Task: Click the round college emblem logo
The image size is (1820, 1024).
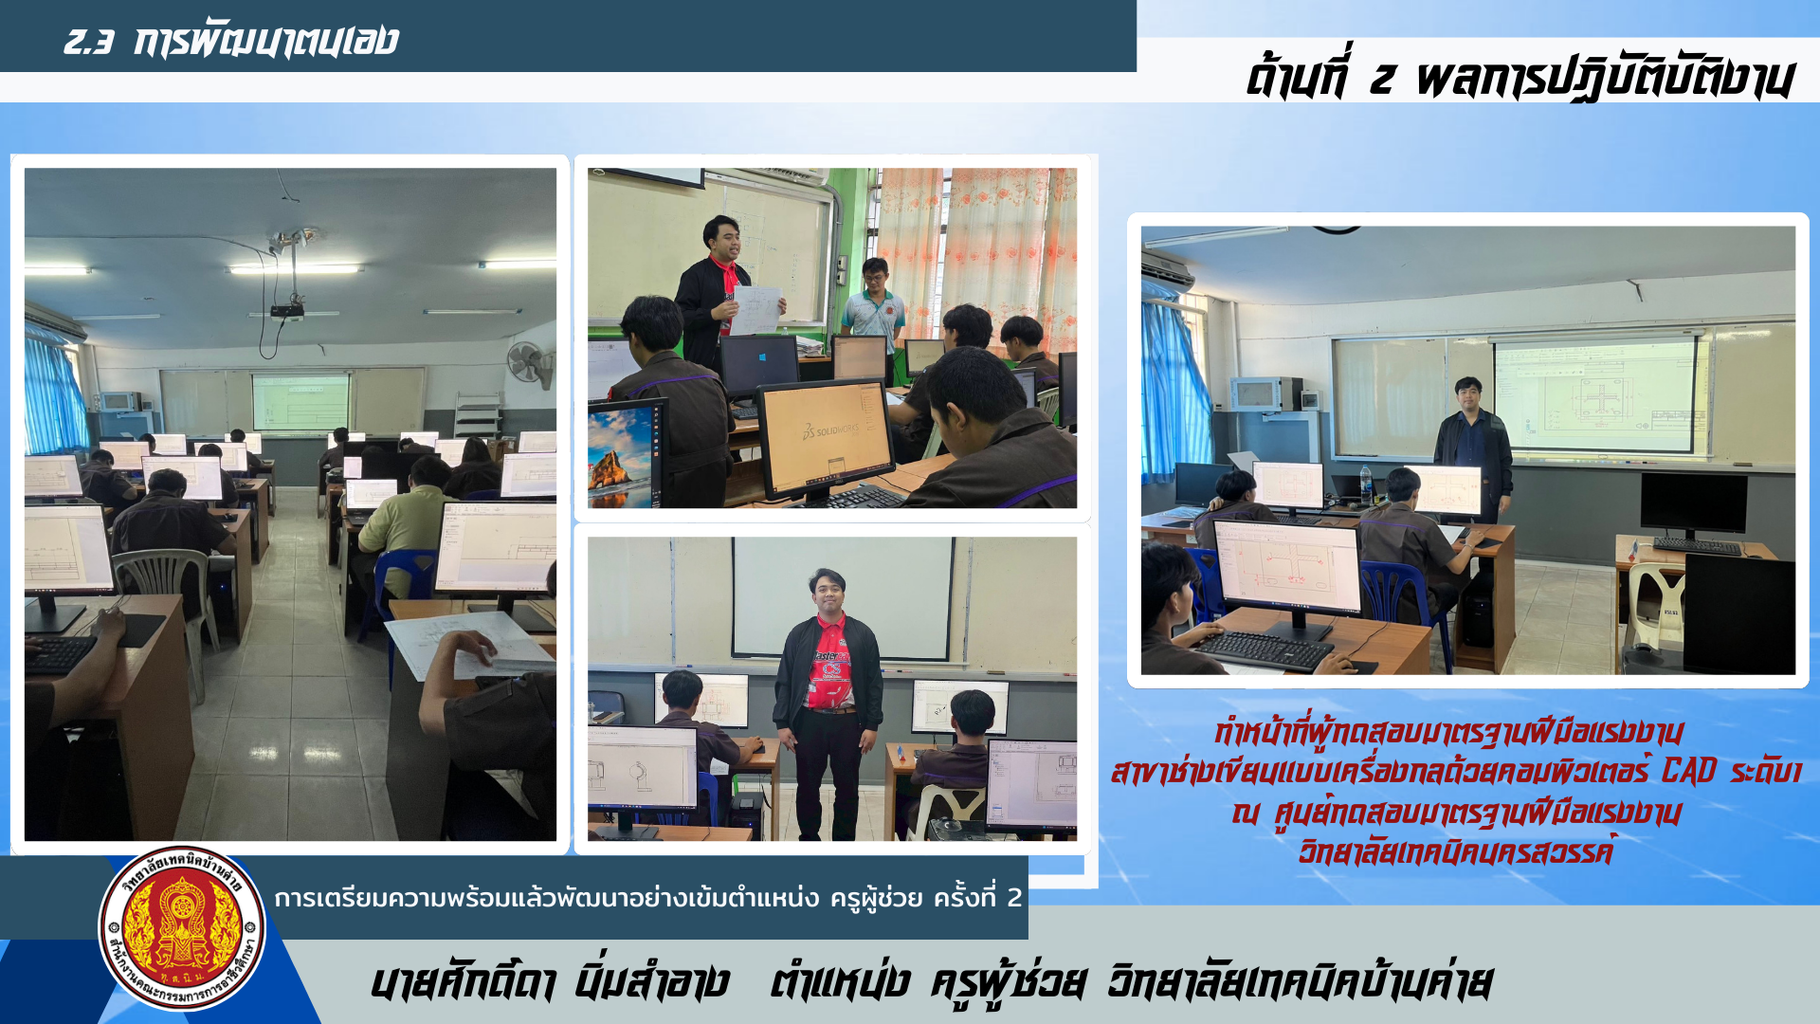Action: tap(182, 928)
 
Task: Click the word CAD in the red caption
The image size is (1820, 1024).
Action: tap(1688, 772)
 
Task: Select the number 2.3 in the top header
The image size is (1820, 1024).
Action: tap(88, 41)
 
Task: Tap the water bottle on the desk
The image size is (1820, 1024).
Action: tap(1365, 485)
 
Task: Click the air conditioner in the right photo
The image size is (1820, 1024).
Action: tap(1167, 269)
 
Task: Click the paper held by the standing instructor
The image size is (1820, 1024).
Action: tap(756, 310)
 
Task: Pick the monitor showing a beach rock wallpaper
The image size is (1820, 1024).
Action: tap(625, 453)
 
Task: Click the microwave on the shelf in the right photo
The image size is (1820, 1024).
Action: tap(1265, 393)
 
